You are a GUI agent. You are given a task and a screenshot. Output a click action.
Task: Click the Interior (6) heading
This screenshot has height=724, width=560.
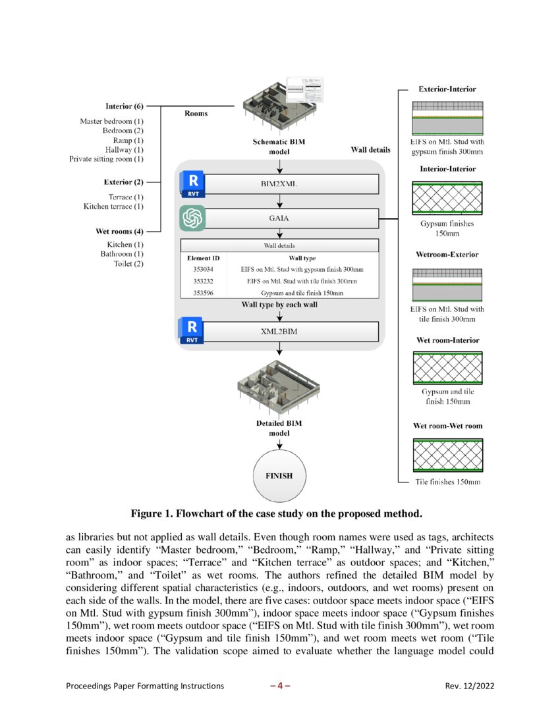tap(125, 107)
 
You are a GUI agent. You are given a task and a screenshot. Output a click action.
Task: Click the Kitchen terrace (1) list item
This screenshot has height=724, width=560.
tap(113, 207)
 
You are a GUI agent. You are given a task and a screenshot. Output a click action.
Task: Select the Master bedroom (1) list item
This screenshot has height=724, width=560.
tap(112, 121)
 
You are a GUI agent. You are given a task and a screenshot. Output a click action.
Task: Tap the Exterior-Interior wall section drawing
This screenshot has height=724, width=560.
tap(447, 118)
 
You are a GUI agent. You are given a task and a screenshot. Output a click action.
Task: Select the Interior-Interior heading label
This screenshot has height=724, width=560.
tap(447, 169)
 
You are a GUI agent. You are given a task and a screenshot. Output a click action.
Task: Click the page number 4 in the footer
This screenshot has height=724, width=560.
tap(280, 686)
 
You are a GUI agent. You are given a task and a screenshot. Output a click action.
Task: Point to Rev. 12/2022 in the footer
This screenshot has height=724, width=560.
tap(470, 686)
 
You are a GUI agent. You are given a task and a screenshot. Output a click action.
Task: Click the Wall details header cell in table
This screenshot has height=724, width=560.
tap(280, 246)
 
